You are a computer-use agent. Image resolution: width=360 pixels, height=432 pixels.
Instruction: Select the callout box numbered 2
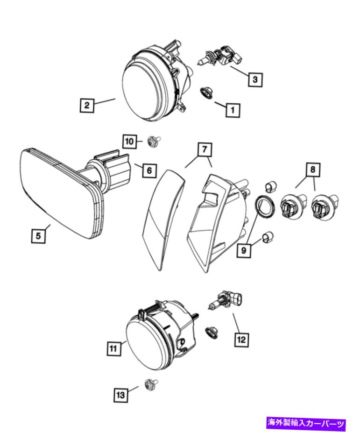tap(86, 105)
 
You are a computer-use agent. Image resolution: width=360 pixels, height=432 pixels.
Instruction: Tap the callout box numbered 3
tap(254, 80)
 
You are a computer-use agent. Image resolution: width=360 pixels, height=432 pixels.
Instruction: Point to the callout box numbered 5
tap(39, 236)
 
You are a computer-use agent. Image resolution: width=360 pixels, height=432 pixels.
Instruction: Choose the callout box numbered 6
tap(149, 170)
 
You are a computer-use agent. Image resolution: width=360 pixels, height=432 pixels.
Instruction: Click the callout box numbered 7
tap(204, 150)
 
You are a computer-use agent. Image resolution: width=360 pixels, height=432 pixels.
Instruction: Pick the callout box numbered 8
tap(313, 170)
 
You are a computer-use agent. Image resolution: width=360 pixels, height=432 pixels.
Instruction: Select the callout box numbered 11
tap(113, 348)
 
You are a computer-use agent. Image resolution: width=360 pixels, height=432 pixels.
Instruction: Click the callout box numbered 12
tap(241, 340)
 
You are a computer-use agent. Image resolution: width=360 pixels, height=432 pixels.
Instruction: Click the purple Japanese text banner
tap(306, 423)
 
